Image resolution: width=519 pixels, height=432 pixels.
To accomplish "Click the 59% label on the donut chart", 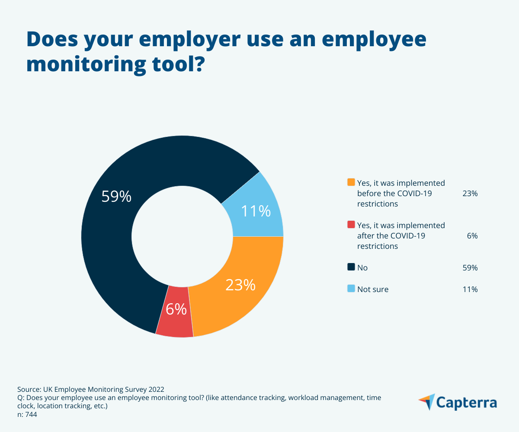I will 116,197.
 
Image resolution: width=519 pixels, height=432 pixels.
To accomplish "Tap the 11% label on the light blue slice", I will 256,211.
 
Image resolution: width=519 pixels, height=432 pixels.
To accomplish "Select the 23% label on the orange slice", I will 240,285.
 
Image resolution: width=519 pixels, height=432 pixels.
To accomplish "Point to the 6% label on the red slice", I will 176,309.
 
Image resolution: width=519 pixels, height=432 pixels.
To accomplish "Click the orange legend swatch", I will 351,182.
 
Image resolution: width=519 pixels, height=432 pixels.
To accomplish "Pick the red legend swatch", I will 351,225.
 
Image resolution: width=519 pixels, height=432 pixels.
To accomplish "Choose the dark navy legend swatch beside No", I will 351,267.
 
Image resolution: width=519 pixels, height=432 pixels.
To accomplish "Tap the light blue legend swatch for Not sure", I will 351,289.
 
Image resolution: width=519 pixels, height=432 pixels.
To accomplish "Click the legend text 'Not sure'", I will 373,289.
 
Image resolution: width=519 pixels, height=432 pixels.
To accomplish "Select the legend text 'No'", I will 362,268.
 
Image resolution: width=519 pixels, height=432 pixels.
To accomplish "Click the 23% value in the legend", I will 470,194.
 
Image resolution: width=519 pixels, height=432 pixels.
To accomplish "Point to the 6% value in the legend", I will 472,236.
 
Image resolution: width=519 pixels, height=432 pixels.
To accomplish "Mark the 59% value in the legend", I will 470,268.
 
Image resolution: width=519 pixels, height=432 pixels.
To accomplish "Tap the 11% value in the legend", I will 470,289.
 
